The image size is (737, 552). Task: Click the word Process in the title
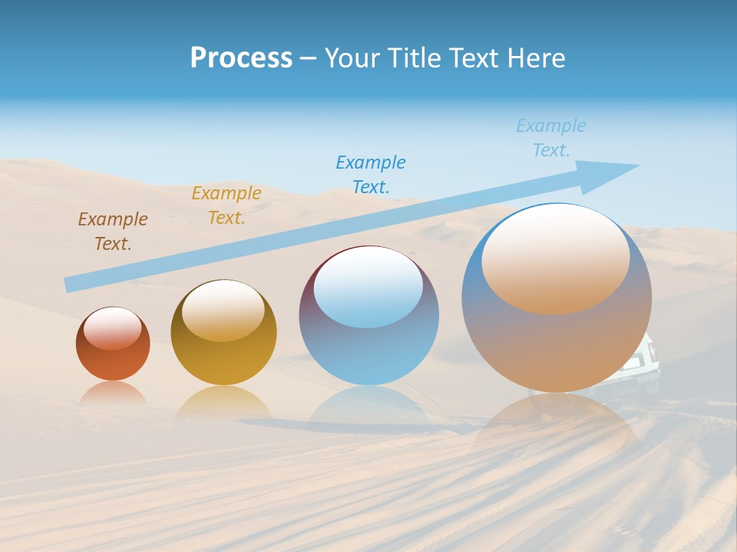click(241, 58)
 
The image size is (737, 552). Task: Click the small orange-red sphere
click(113, 344)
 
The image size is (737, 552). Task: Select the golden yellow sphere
click(223, 333)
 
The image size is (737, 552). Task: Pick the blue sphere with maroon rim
click(368, 316)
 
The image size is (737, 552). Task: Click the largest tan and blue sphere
click(557, 299)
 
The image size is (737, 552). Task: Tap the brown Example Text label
click(113, 231)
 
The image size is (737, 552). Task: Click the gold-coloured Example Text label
click(226, 205)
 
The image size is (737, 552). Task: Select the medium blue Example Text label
click(371, 174)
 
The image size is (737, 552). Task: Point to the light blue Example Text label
click(551, 137)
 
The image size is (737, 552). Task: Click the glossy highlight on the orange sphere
click(113, 328)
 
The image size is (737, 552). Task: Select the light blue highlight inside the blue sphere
click(368, 288)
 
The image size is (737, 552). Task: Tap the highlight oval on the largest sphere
click(556, 260)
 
